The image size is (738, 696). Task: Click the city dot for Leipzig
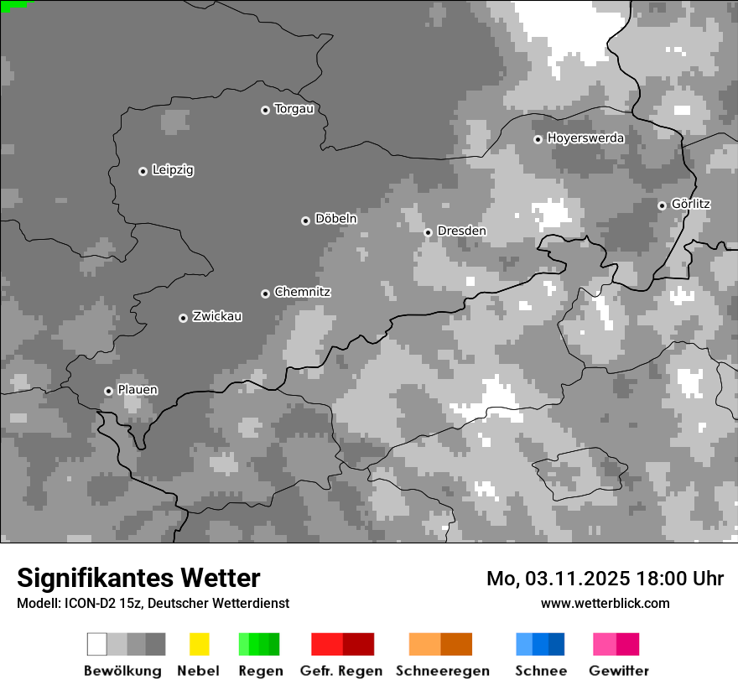click(x=143, y=171)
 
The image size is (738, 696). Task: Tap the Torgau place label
click(x=294, y=109)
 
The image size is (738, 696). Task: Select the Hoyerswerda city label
click(x=585, y=138)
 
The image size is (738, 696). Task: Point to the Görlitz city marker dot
click(x=662, y=205)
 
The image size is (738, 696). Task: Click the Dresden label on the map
click(x=461, y=231)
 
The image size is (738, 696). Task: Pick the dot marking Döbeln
click(x=305, y=221)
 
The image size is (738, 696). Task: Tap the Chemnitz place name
click(x=302, y=292)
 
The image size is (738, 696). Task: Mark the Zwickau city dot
click(x=183, y=318)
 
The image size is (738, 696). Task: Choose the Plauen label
click(x=137, y=390)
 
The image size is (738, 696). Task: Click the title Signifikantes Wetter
click(x=138, y=578)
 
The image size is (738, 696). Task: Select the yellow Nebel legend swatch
click(x=199, y=644)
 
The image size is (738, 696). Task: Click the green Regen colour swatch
click(x=259, y=644)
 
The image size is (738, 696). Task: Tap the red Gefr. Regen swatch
click(x=342, y=644)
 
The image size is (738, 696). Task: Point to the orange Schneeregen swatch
click(x=440, y=644)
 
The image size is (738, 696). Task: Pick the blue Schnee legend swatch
click(x=540, y=644)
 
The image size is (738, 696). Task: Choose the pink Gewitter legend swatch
click(x=616, y=644)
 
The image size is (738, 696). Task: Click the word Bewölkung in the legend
click(x=122, y=671)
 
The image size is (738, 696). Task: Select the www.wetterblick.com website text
click(x=605, y=603)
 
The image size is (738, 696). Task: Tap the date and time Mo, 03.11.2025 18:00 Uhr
click(x=605, y=579)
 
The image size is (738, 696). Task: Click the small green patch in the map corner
click(x=13, y=5)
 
